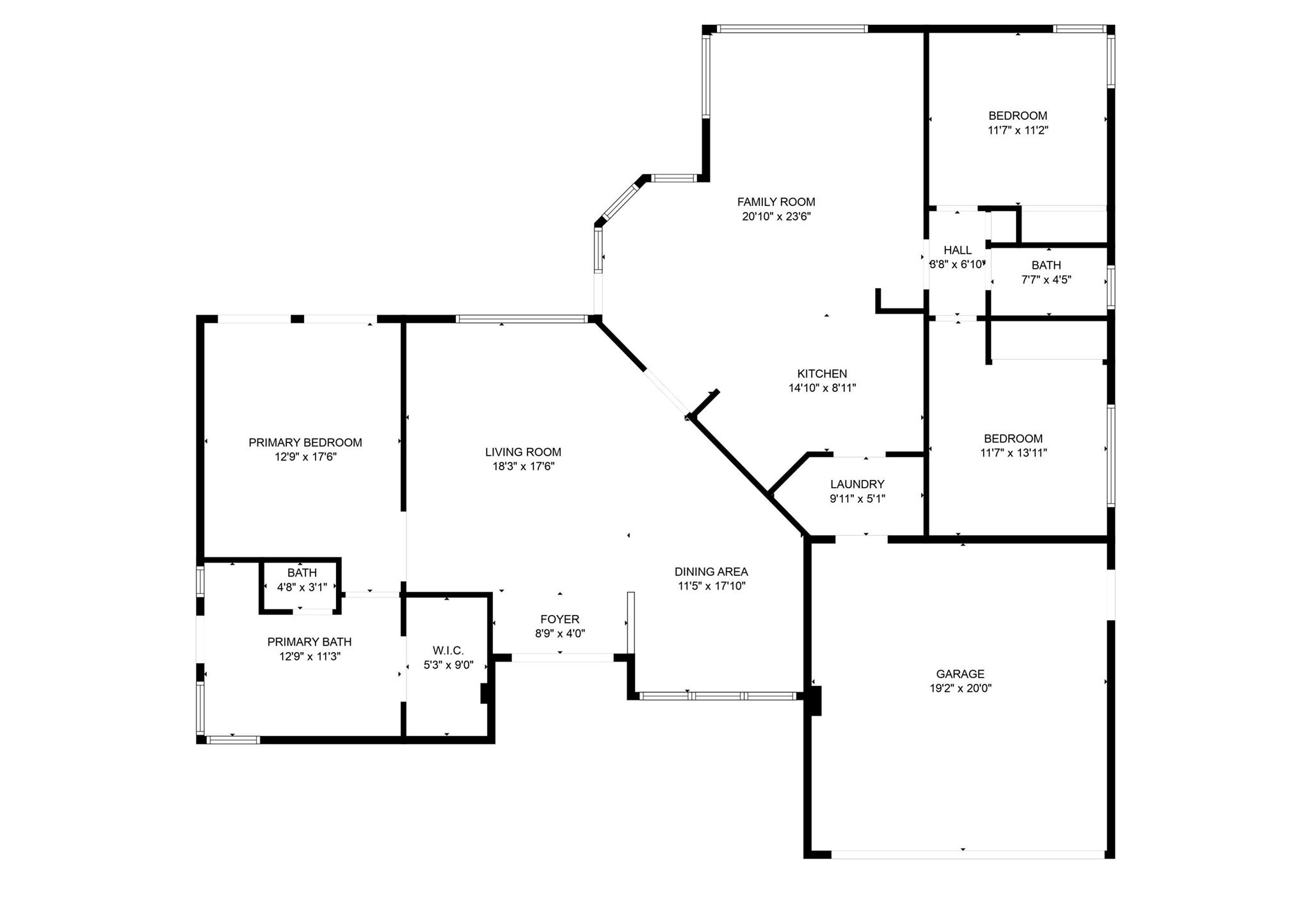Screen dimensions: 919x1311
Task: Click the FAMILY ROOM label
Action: [x=776, y=202]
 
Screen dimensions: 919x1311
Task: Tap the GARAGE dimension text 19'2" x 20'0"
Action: [x=960, y=689]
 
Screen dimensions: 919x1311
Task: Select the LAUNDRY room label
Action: [x=857, y=484]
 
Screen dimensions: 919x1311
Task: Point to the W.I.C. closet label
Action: [x=448, y=650]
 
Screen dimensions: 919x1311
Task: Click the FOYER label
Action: [x=559, y=619]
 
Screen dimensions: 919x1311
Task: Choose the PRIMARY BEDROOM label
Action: [x=305, y=442]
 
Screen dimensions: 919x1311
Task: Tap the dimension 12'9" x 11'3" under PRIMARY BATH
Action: [x=310, y=657]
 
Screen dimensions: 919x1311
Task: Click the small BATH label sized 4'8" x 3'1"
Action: [x=302, y=573]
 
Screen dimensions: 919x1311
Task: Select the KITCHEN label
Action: [x=822, y=374]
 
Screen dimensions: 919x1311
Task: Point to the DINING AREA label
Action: [x=711, y=571]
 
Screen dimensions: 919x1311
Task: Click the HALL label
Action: [x=957, y=250]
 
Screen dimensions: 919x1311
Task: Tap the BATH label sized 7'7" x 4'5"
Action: [x=1046, y=265]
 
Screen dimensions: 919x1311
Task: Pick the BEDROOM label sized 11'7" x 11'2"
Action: [x=1018, y=116]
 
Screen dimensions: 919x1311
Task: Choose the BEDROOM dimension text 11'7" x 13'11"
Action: [x=1013, y=453]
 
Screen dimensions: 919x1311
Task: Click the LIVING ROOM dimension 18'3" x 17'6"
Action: [x=523, y=467]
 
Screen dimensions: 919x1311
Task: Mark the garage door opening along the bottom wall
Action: [x=968, y=854]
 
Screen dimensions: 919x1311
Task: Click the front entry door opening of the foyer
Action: [x=563, y=657]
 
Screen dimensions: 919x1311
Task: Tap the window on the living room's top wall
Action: [x=522, y=318]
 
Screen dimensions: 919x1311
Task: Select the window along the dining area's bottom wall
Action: [x=718, y=696]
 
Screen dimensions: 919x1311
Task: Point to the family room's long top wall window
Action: [x=792, y=29]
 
